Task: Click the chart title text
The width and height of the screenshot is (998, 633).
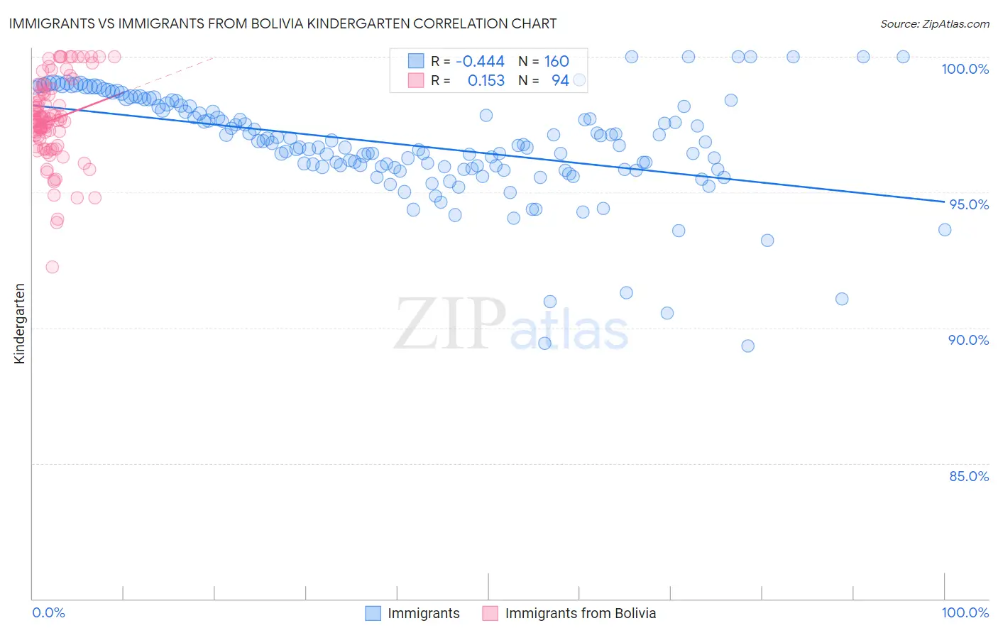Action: tap(283, 23)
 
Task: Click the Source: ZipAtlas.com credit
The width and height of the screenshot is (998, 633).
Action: tap(934, 23)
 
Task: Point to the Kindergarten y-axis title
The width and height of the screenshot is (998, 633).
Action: tap(19, 324)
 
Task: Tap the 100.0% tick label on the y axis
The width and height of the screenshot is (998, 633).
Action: tap(965, 69)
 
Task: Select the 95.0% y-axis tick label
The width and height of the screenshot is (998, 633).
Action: tap(969, 204)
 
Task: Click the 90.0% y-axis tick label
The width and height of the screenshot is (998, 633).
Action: tap(968, 340)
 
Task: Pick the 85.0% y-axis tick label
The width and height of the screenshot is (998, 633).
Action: tap(969, 476)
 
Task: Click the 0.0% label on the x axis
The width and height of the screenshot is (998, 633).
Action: tap(48, 612)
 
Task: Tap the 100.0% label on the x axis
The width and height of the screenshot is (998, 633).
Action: tap(965, 612)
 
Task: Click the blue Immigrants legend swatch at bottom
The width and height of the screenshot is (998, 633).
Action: tap(373, 613)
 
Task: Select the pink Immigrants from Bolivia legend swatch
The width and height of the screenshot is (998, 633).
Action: tap(490, 613)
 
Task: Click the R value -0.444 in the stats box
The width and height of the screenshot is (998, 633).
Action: tap(480, 62)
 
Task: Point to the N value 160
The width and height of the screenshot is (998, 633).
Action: tap(556, 62)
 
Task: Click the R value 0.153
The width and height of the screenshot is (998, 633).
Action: tap(486, 81)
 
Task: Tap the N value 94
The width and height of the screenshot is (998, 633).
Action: tap(560, 81)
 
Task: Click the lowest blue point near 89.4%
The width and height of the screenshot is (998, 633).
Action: tap(544, 343)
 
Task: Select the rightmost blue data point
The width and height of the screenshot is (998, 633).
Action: tap(945, 229)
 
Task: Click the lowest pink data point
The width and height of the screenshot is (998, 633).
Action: tap(52, 267)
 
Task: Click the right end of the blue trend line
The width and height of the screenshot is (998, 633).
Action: tap(944, 202)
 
